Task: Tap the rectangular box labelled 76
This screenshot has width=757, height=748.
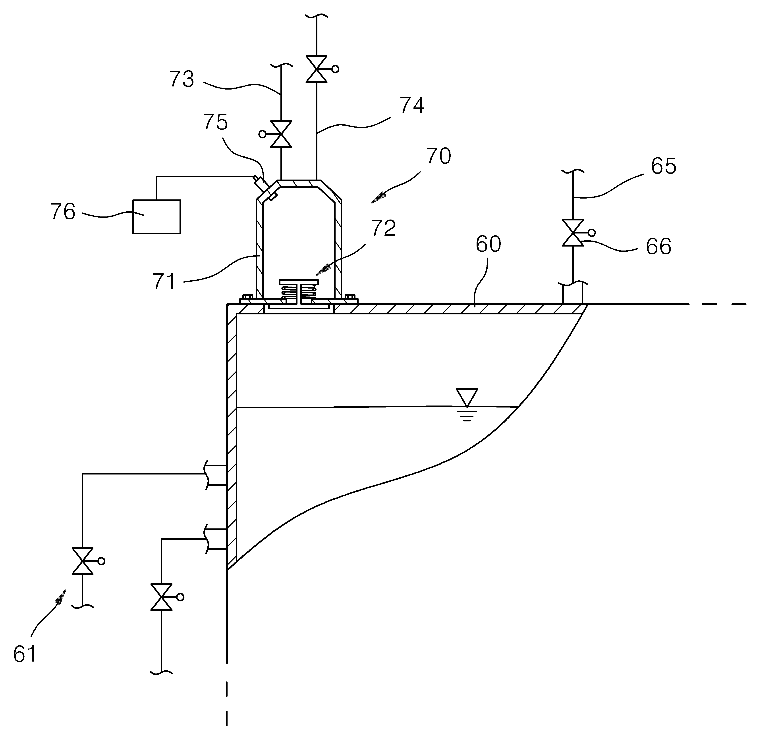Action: pos(157,217)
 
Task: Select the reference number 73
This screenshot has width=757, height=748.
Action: pos(182,79)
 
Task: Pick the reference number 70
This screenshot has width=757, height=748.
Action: pos(438,156)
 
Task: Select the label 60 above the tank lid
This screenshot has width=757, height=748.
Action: pos(488,244)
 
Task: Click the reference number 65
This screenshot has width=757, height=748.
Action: pos(663,166)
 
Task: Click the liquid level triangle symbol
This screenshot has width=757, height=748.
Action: pos(467,397)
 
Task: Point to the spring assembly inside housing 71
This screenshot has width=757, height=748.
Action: pos(299,292)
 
